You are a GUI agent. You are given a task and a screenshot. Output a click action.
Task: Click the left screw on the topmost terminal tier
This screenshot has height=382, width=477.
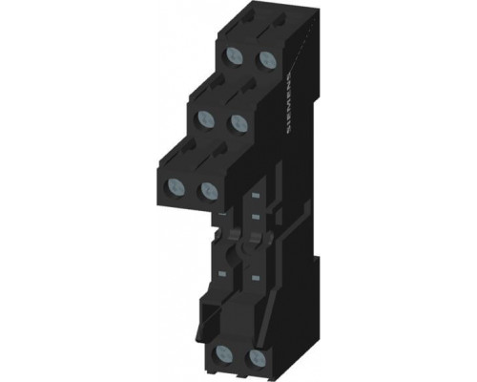(x=235, y=56)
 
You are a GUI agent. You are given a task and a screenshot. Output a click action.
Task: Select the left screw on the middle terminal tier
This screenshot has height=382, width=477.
(x=205, y=119)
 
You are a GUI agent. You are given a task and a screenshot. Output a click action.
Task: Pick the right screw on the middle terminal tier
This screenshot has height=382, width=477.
(x=238, y=123)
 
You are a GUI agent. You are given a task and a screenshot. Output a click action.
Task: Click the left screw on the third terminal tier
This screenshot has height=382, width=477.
(x=176, y=187)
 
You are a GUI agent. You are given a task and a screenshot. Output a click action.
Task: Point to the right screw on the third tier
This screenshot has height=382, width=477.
(x=209, y=191)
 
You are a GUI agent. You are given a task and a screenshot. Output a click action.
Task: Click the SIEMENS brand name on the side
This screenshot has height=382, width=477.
(x=290, y=104)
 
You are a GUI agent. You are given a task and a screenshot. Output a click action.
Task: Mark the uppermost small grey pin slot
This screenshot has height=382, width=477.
(x=255, y=195)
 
